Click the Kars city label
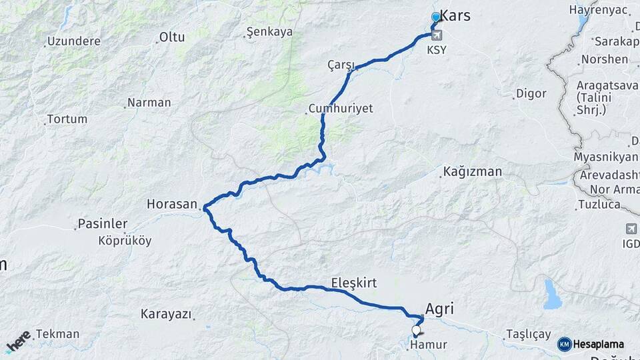(x=455, y=16)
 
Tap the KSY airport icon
(x=437, y=35)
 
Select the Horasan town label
(x=173, y=203)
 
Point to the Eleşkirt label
(x=354, y=283)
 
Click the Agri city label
(x=439, y=309)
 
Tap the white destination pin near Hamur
(x=417, y=330)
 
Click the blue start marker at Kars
(x=436, y=17)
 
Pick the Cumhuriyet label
(x=341, y=108)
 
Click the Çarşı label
(x=340, y=64)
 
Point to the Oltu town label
(x=171, y=37)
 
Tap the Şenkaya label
(x=269, y=31)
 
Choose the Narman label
(x=149, y=103)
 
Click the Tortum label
(x=67, y=119)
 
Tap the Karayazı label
(x=166, y=313)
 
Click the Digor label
(x=531, y=93)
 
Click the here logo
(x=18, y=341)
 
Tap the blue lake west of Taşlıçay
(x=552, y=295)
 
